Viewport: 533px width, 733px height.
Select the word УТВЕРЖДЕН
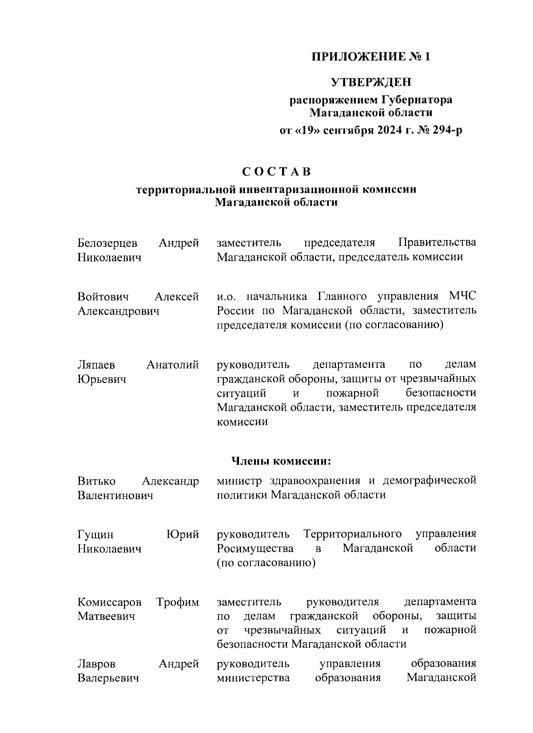pos(371,82)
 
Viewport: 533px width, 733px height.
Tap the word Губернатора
pos(417,100)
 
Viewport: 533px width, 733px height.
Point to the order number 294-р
pos(444,131)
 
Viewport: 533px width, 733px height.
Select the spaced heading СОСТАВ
pos(276,171)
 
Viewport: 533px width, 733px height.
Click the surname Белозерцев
pos(107,243)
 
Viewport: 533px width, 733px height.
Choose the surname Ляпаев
pos(96,365)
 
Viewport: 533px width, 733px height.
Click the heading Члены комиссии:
pos(282,461)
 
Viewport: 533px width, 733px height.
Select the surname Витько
pos(96,481)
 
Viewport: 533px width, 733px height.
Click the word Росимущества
pos(255,548)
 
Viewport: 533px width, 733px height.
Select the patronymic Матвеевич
pos(106,616)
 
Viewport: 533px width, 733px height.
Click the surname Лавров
pos(96,664)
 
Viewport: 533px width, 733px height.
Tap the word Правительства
pos(437,243)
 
